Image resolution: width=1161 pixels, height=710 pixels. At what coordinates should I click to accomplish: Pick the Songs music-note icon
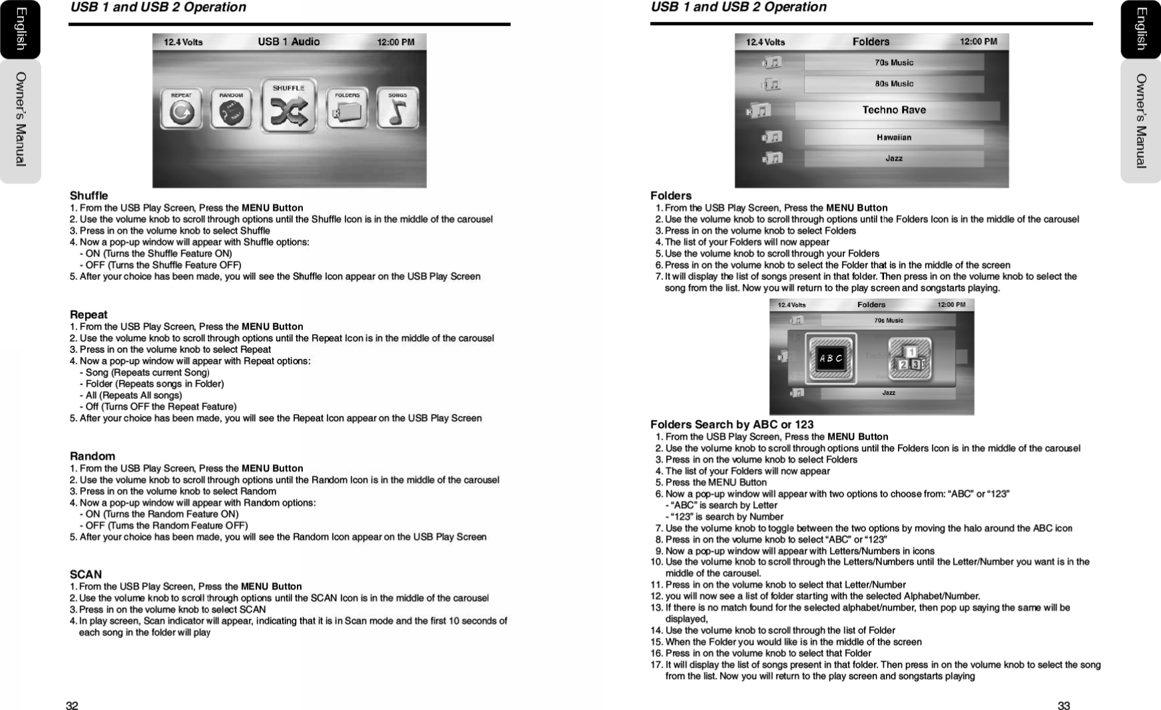click(398, 108)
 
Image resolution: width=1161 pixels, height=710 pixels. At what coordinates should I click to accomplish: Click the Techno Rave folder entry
click(894, 110)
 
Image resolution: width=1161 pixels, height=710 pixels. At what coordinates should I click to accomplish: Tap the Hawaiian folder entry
click(894, 137)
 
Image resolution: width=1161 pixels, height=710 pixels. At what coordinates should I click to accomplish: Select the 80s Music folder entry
click(894, 84)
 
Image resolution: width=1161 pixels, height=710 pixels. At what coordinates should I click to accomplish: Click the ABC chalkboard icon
click(830, 358)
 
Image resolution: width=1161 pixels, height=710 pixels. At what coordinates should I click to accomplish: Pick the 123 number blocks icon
click(911, 358)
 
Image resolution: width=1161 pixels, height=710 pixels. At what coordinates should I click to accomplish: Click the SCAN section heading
click(86, 575)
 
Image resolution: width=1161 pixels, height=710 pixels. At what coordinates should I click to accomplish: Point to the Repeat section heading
click(88, 315)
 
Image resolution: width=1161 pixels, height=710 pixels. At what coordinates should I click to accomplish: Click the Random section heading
click(92, 457)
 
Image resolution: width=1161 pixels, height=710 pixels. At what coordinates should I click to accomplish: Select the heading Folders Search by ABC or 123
click(731, 425)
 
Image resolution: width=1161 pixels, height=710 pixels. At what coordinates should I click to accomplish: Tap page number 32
click(72, 706)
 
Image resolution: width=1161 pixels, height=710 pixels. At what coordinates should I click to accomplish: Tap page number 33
click(1063, 706)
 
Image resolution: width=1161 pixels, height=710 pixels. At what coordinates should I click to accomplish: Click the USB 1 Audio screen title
click(289, 42)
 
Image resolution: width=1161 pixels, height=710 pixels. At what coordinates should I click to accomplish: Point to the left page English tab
click(20, 29)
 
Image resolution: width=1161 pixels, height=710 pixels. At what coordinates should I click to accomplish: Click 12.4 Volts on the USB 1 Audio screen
click(183, 42)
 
